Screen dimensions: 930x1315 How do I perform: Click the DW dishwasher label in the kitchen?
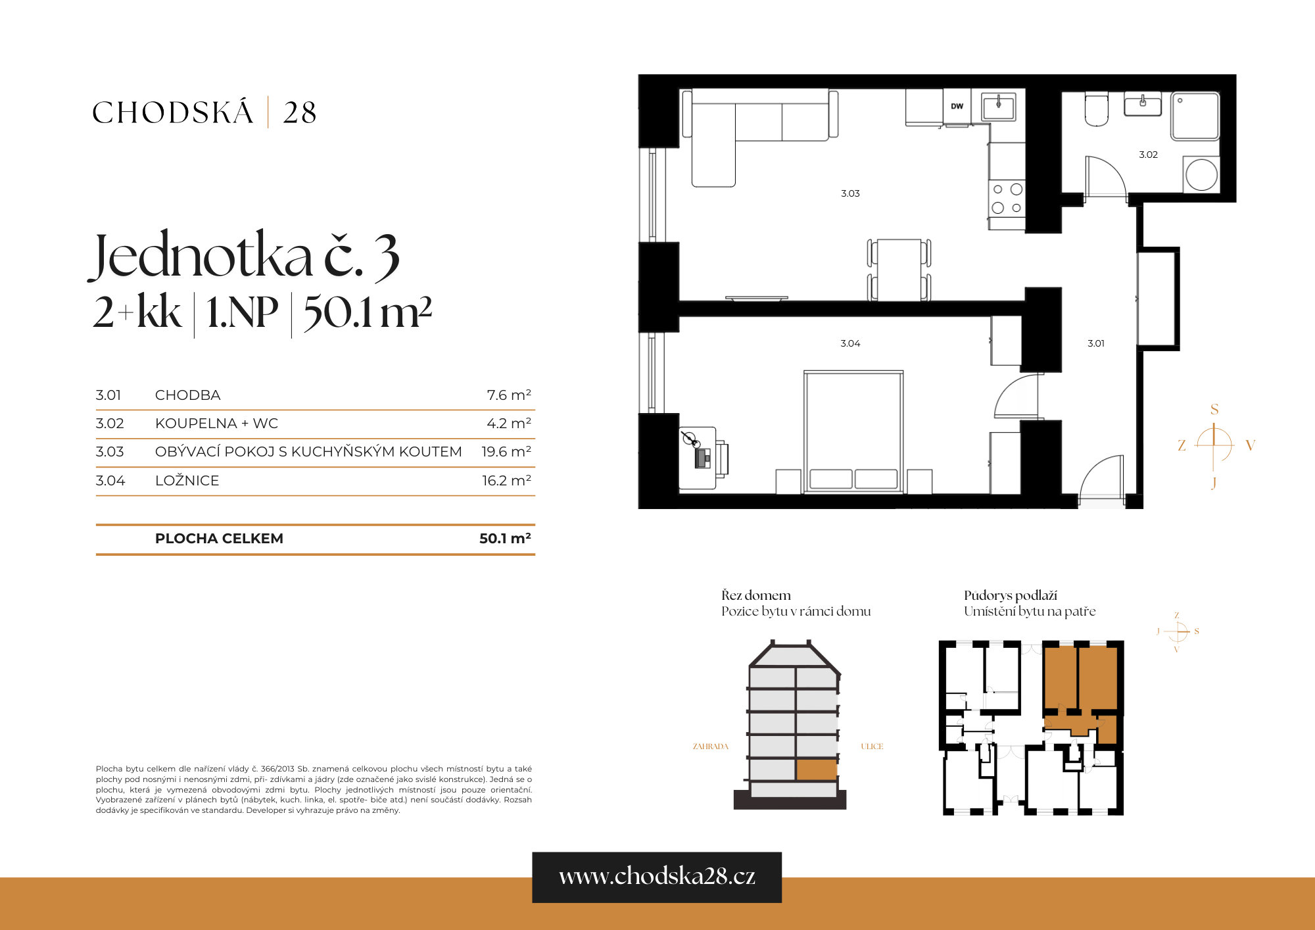(x=957, y=106)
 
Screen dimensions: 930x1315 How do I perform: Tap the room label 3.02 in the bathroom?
(x=1148, y=155)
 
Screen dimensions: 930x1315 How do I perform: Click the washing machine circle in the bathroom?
(x=1201, y=176)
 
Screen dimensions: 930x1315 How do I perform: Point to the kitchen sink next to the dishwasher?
(x=998, y=105)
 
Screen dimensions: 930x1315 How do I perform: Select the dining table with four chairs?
(x=899, y=270)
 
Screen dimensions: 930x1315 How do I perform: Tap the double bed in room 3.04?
(x=853, y=431)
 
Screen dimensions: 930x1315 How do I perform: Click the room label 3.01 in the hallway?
(x=1095, y=343)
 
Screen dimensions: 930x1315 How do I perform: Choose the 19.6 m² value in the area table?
(x=506, y=452)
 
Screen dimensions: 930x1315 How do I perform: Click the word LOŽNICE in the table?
(x=187, y=481)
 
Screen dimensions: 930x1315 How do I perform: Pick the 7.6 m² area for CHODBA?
(x=508, y=395)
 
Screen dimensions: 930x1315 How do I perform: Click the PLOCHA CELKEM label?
(x=219, y=539)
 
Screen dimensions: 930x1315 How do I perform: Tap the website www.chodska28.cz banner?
(x=656, y=877)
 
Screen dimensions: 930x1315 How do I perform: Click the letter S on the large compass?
(x=1214, y=409)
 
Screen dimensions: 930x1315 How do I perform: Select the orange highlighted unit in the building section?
(x=816, y=770)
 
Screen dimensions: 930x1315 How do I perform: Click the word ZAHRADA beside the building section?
(x=710, y=746)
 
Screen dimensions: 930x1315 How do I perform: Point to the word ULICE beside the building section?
(x=872, y=746)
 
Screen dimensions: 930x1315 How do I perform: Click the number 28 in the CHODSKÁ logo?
(x=300, y=112)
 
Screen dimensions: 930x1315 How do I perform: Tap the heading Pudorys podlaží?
(x=1010, y=595)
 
